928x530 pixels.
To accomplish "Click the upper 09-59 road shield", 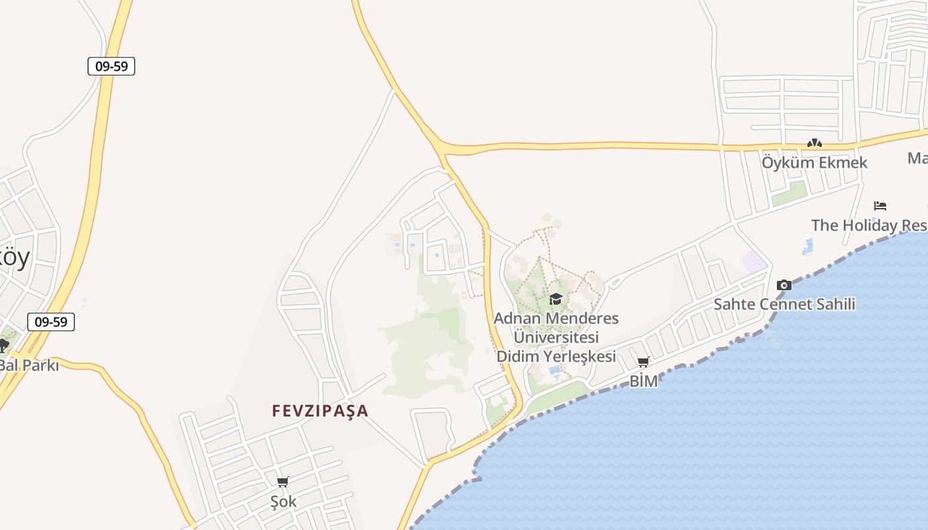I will point(111,66).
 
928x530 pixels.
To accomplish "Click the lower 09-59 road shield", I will point(51,322).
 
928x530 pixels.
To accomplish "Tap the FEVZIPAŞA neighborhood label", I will point(319,411).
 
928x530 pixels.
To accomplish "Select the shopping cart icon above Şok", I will point(283,482).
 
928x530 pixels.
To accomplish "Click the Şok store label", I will point(283,502).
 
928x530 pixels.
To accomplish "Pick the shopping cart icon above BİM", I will point(643,362).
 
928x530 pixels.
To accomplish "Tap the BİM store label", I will point(643,381).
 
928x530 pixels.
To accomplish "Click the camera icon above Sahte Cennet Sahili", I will point(784,286).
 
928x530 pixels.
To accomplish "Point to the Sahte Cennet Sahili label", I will point(784,305).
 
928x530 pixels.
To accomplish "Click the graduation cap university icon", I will point(555,299).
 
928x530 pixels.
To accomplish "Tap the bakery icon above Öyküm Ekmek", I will point(814,143).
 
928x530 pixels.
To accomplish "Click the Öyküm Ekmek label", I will point(814,162).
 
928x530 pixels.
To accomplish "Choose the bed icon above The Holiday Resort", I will point(880,206).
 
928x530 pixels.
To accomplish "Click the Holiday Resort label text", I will point(868,225).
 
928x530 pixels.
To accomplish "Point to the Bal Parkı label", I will point(30,365).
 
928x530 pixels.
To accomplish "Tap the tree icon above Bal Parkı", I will point(3,345).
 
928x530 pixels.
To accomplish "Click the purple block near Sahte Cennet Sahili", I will point(754,262).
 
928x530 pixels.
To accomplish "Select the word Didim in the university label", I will point(519,356).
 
